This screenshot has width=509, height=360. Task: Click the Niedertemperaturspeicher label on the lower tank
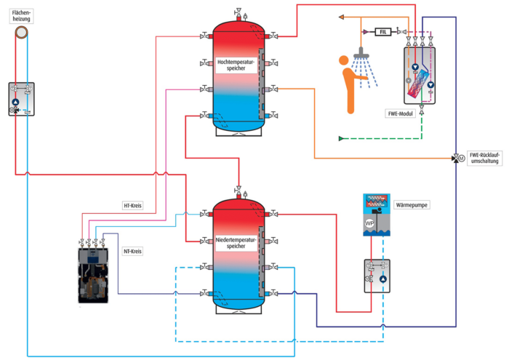coord(236,243)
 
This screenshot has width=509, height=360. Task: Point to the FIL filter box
coord(383,31)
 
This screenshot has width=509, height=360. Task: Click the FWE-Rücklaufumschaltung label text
coord(484,158)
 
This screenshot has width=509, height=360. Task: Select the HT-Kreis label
coord(132,206)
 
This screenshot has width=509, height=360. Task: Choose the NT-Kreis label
coord(132,250)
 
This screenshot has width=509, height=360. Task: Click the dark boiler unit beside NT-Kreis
coord(93,275)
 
